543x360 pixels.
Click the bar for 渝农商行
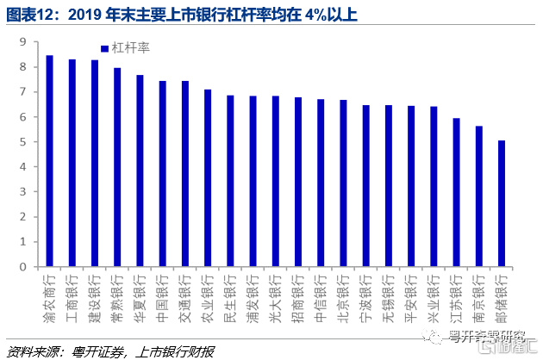(49, 161)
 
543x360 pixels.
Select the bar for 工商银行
(72, 163)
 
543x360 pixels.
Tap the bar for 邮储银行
(502, 203)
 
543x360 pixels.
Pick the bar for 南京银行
(479, 196)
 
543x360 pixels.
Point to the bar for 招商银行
(298, 182)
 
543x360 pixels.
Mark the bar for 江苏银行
(456, 192)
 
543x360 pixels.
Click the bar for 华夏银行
(140, 171)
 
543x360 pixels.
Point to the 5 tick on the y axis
(24, 142)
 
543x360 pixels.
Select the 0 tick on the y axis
(24, 267)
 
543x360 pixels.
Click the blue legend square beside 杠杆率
(104, 49)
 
